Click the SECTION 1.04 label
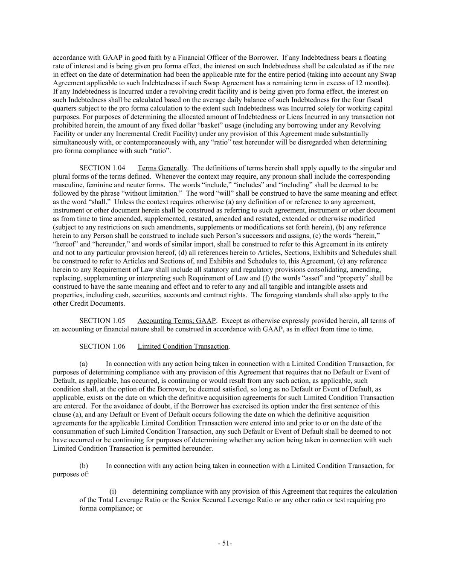[x=102, y=168]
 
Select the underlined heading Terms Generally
[x=162, y=168]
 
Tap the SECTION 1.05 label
[x=102, y=321]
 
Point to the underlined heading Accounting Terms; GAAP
[x=177, y=321]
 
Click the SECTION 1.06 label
[x=102, y=346]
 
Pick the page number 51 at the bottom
[x=225, y=543]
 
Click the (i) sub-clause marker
[x=113, y=491]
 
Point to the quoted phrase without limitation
[x=144, y=194]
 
